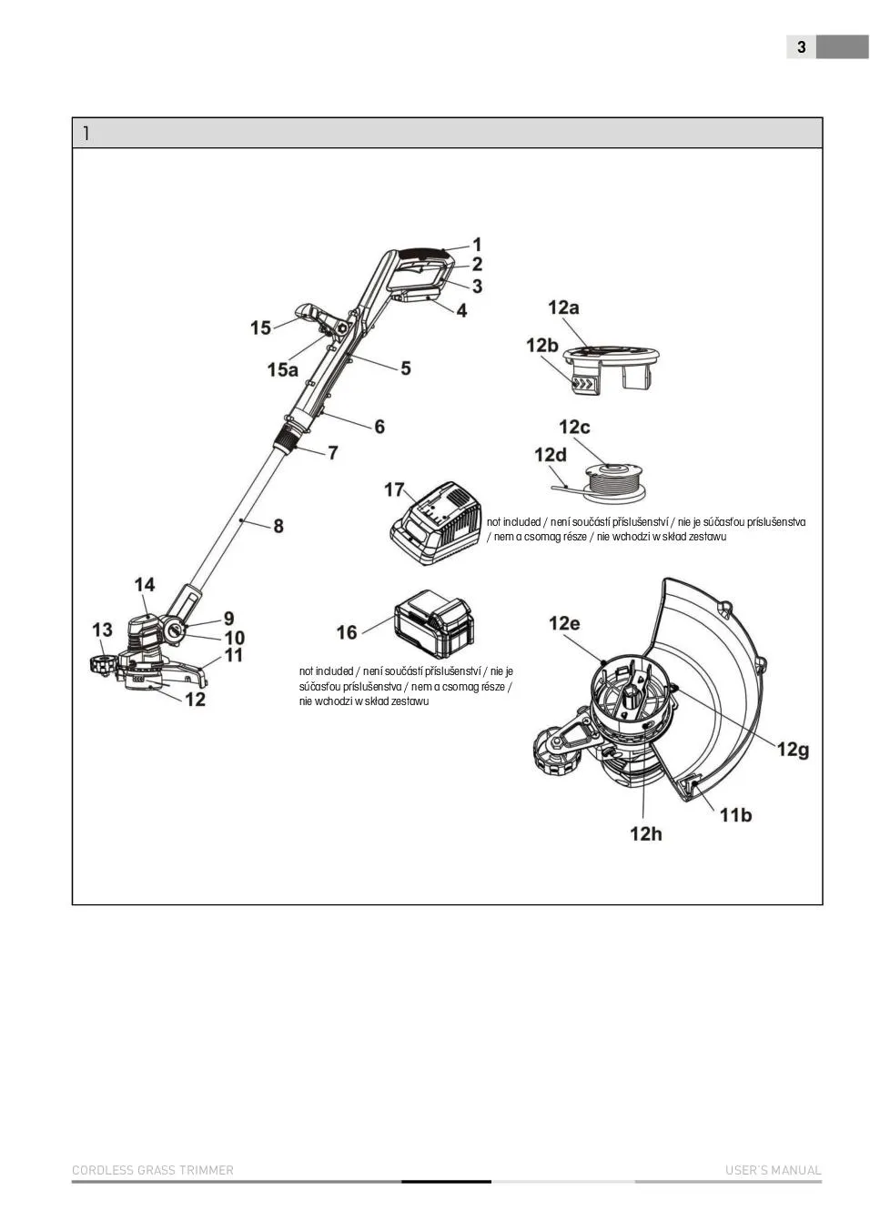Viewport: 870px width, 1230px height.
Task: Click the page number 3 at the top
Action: pos(801,47)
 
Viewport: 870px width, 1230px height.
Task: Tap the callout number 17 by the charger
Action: pos(394,489)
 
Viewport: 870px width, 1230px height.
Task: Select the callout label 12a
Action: pos(563,307)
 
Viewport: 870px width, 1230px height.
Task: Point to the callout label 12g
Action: pos(793,749)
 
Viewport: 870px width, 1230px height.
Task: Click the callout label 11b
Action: pos(735,814)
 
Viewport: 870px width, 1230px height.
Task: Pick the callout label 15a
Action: pos(282,369)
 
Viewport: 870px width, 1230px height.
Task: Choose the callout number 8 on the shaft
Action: pos(278,526)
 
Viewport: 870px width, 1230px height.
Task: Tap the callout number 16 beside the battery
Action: pos(347,631)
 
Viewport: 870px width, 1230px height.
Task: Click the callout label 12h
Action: pos(646,832)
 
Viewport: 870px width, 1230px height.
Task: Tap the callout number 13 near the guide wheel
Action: pos(102,630)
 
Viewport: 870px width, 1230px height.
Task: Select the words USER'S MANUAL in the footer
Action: pos(773,1170)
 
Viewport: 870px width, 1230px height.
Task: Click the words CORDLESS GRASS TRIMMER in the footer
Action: pos(153,1170)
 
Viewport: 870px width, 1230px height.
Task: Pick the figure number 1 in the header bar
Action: pos(86,133)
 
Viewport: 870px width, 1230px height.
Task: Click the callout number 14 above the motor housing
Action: pos(145,585)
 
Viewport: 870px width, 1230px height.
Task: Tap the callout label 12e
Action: pos(563,623)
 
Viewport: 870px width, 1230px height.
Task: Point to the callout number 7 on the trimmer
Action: pos(333,452)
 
